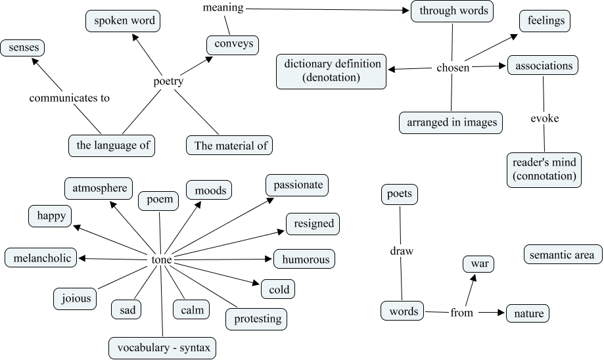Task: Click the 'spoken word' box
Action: pyautogui.click(x=124, y=21)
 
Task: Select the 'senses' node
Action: pyautogui.click(x=23, y=47)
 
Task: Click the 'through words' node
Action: pyautogui.click(x=453, y=11)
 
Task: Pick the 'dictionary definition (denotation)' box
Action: pyautogui.click(x=331, y=71)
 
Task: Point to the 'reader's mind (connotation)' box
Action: pyautogui.click(x=544, y=169)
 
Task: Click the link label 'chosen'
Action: pyautogui.click(x=453, y=68)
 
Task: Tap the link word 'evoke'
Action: pyautogui.click(x=544, y=119)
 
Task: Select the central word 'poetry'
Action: pyautogui.click(x=168, y=81)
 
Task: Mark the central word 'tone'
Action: pyautogui.click(x=162, y=260)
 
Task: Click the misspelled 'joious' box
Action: pyautogui.click(x=73, y=298)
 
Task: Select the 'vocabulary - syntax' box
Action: pyautogui.click(x=162, y=348)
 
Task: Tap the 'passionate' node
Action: pyautogui.click(x=297, y=185)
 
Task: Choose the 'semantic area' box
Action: pyautogui.click(x=562, y=254)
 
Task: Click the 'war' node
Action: pyautogui.click(x=478, y=265)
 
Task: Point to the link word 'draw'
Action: pyautogui.click(x=401, y=252)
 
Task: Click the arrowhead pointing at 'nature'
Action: pyautogui.click(x=501, y=313)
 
